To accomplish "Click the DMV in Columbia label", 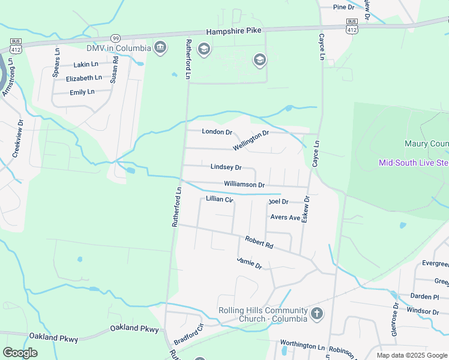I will tap(118, 48).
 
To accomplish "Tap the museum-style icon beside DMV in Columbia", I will tap(160, 47).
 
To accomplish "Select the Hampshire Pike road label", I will tap(234, 31).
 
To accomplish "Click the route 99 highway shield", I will tap(116, 37).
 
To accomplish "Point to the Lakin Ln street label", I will tap(85, 64).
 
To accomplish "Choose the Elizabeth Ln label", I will tap(84, 78).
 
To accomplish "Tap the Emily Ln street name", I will tap(82, 92).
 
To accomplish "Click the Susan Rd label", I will tap(114, 67).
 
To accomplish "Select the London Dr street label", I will tap(217, 131).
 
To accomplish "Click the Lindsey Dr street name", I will tap(226, 167).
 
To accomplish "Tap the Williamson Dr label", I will tap(244, 185).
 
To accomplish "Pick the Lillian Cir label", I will tap(219, 199).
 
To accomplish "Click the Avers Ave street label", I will tap(285, 217).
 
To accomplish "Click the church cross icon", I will tap(317, 314).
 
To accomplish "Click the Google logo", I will tap(20, 353).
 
